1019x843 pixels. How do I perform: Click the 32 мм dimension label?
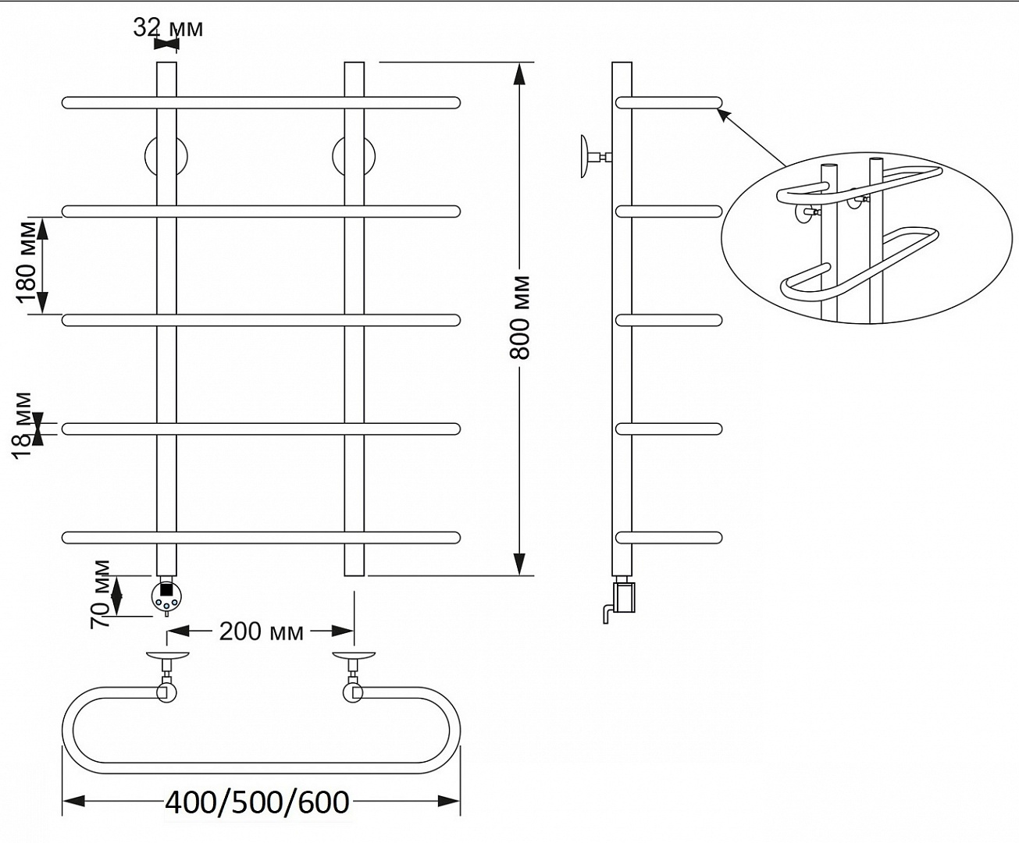168,28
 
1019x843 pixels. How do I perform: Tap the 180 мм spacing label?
27,263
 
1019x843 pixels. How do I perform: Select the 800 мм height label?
519,318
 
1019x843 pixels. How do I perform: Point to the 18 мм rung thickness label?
22,426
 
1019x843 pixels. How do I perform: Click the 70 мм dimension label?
100,595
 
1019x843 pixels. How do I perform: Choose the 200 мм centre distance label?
261,631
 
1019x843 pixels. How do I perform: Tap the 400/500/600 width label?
257,802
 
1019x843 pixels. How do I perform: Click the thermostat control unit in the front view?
166,596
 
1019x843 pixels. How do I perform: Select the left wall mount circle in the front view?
166,156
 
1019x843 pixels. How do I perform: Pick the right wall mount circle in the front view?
354,156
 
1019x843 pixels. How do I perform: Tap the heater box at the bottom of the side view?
624,596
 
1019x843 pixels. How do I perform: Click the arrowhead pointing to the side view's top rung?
725,116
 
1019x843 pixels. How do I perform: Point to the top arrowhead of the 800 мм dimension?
519,75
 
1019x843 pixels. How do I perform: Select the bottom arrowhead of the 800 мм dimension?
519,564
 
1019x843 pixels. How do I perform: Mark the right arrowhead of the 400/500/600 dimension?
449,802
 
